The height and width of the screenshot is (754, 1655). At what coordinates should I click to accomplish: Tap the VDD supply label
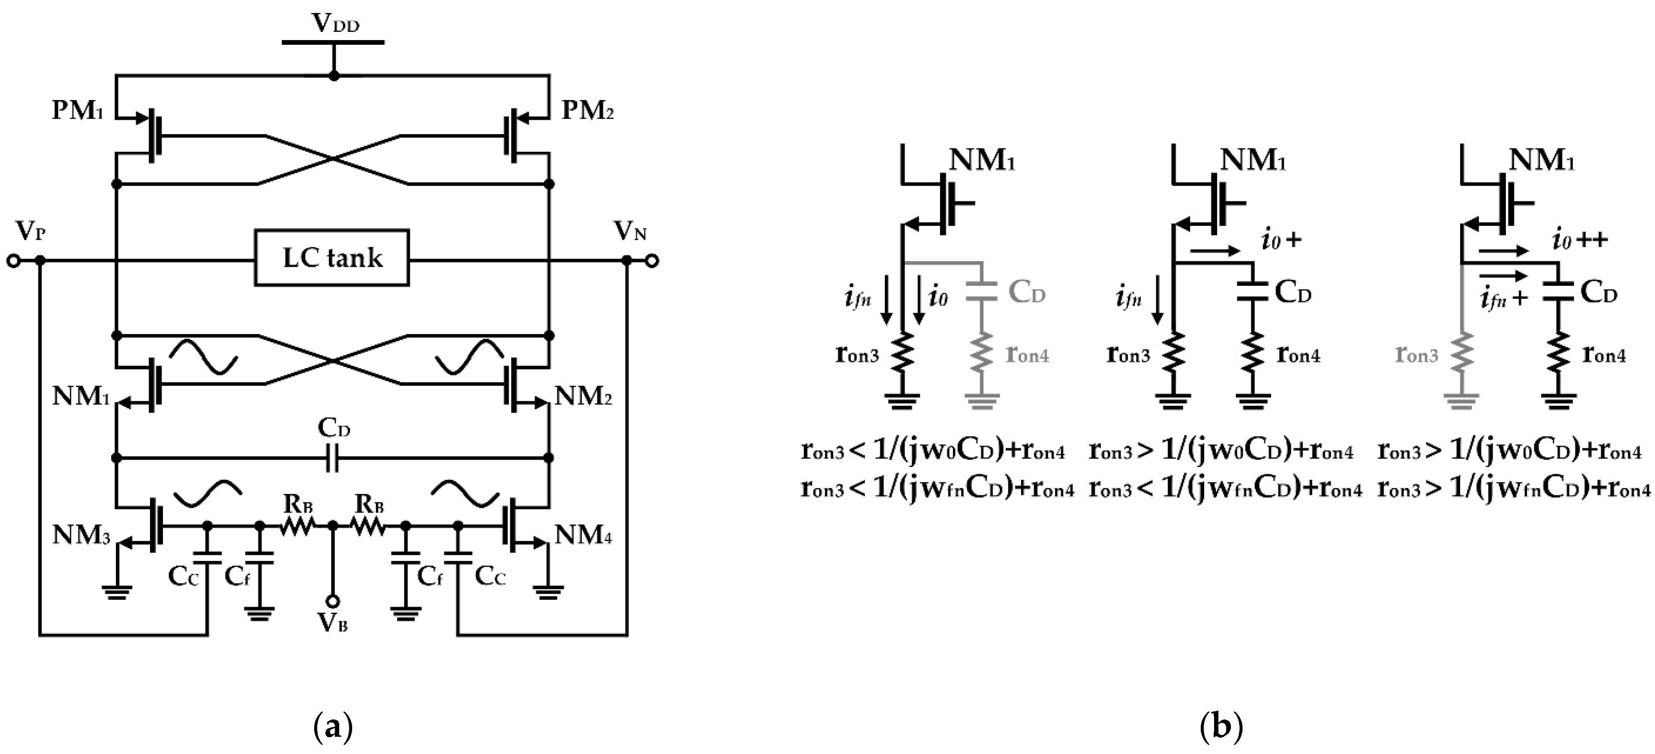pyautogui.click(x=335, y=23)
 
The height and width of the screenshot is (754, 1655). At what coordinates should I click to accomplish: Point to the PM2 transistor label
pyautogui.click(x=587, y=110)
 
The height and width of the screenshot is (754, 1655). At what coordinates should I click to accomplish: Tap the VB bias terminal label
pyautogui.click(x=332, y=622)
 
